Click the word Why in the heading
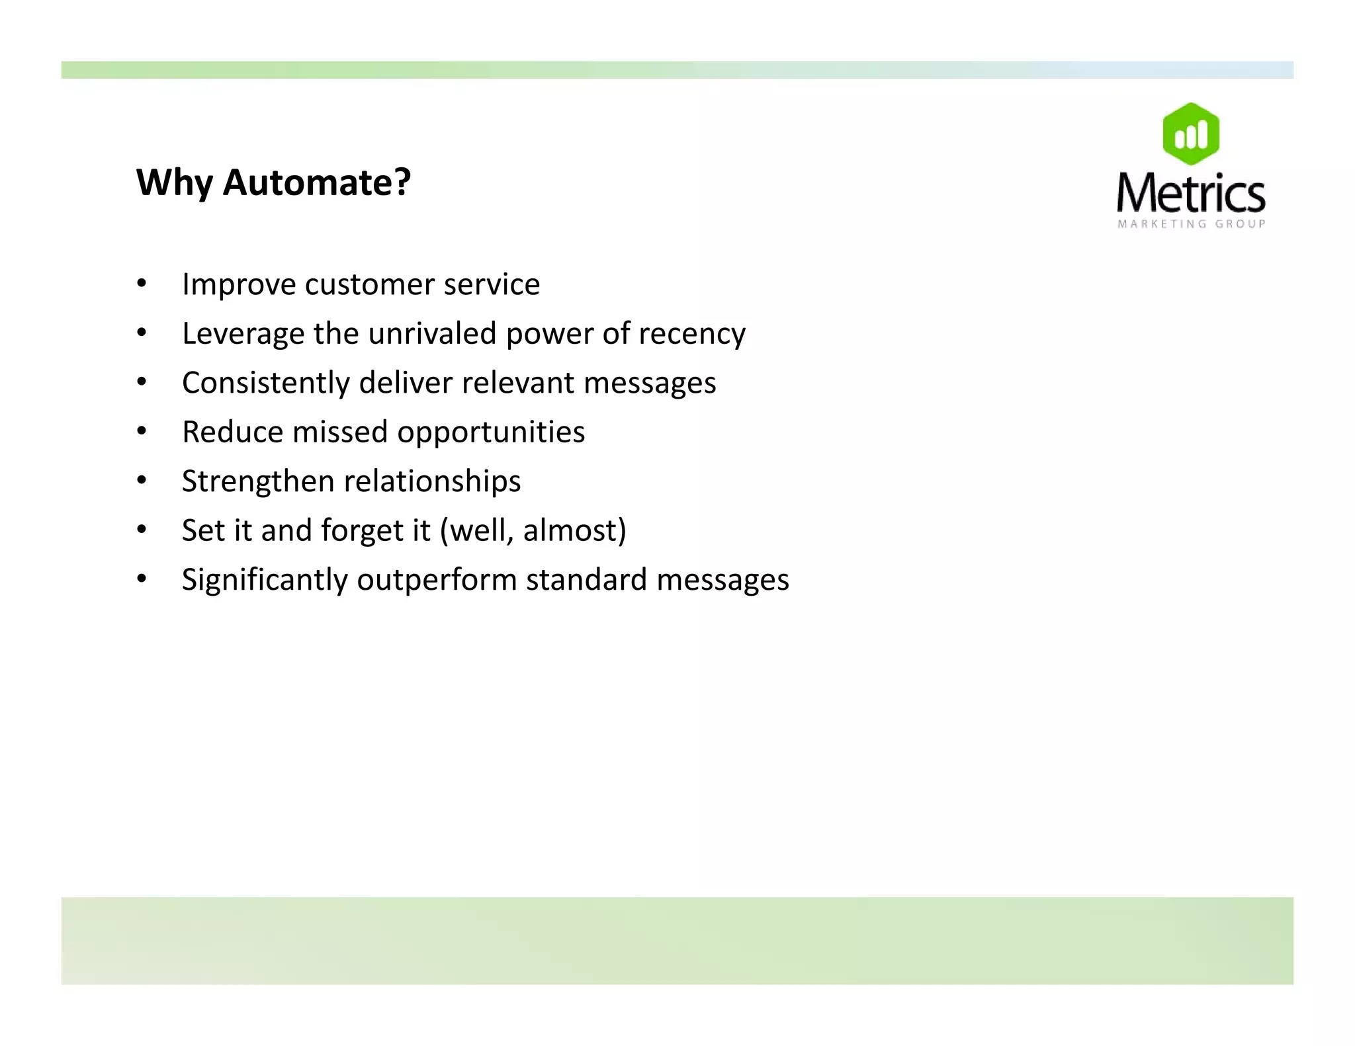[175, 182]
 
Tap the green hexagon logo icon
[1191, 134]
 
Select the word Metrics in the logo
[1191, 193]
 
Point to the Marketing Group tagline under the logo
[1192, 224]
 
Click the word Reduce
[232, 432]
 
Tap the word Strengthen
[257, 481]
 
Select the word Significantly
[265, 580]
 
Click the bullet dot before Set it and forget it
[142, 530]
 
